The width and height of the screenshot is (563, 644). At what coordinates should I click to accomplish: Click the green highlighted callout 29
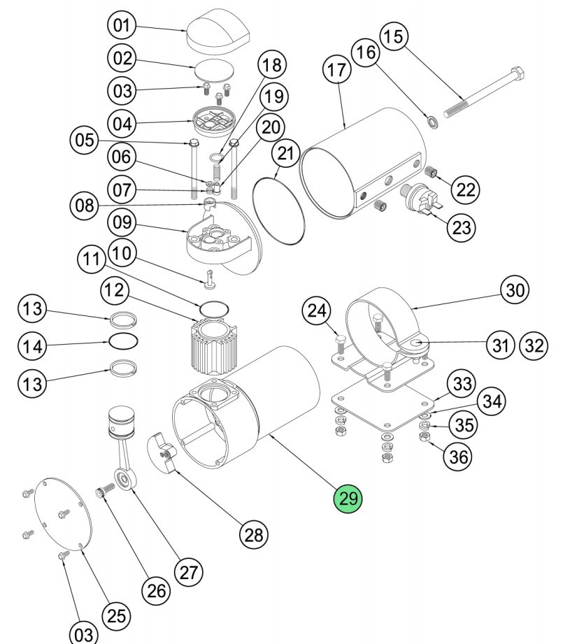[348, 499]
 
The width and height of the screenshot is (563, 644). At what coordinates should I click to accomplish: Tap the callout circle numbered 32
[534, 345]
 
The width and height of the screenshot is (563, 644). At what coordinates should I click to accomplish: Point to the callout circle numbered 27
[187, 572]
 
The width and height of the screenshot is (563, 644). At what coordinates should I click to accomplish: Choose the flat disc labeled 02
[213, 71]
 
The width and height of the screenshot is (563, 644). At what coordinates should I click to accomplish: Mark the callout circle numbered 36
[459, 456]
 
